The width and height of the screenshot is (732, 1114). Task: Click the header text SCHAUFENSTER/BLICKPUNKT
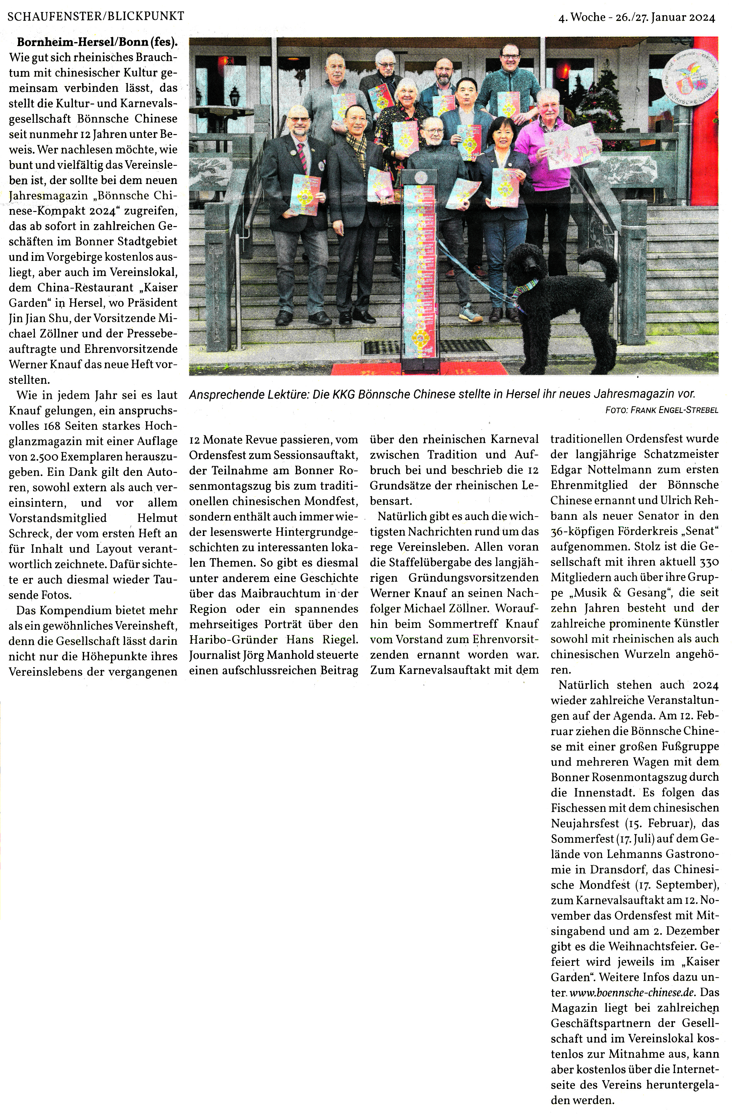click(96, 16)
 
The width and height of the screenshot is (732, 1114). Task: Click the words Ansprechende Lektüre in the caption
click(248, 395)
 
